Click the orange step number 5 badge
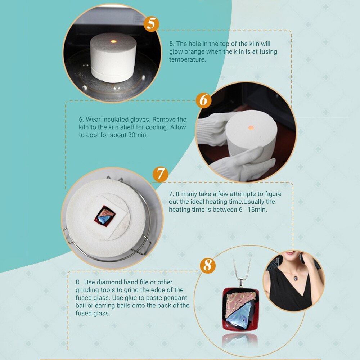[151, 24]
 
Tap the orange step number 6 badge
[204, 100]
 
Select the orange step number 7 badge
[161, 174]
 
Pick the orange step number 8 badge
[208, 265]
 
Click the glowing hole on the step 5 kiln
[113, 41]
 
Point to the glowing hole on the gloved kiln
[251, 127]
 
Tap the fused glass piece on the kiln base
[105, 216]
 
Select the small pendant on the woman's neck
[296, 278]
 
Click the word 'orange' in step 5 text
[194, 51]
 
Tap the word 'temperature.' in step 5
[188, 59]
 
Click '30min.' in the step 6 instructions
[138, 135]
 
